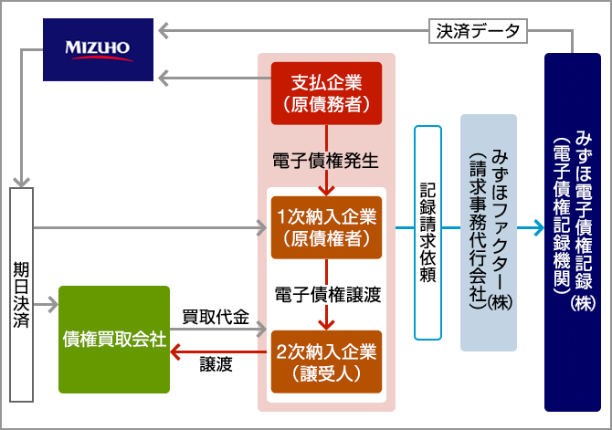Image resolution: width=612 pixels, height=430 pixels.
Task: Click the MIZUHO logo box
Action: click(x=98, y=49)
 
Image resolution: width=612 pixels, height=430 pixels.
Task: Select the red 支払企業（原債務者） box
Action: click(x=326, y=93)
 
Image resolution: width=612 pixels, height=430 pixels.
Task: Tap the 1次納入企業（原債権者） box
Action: click(x=326, y=227)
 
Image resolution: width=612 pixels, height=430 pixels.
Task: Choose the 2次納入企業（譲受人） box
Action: click(x=326, y=362)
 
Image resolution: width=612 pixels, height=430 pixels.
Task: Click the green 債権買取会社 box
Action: click(x=114, y=340)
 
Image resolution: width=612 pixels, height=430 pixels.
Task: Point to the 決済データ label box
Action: click(x=478, y=31)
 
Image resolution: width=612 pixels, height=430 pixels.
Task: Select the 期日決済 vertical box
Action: click(x=22, y=295)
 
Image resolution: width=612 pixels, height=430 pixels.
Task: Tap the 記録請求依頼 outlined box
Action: click(x=427, y=233)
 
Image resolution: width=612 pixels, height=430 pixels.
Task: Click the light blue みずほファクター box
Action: click(x=489, y=233)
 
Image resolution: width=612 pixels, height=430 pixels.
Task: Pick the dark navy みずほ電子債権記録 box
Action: click(x=573, y=232)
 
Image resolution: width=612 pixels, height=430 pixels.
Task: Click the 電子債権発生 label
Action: click(x=325, y=161)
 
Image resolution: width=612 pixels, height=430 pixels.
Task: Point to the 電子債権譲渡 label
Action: click(x=328, y=295)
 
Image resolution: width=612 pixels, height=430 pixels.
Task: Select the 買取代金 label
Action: click(x=216, y=317)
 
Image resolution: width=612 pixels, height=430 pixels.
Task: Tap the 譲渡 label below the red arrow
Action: click(x=216, y=364)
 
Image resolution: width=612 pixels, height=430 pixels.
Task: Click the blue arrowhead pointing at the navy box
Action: click(x=539, y=228)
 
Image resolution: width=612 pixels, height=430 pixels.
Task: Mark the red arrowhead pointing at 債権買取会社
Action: click(x=175, y=352)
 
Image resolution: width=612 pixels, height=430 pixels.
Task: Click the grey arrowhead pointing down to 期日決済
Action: click(x=22, y=182)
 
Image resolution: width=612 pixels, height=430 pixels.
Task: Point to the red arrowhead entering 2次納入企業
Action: click(x=326, y=325)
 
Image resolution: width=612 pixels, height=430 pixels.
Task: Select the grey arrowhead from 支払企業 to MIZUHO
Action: click(x=164, y=78)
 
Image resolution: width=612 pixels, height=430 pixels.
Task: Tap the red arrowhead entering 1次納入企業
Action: click(x=326, y=191)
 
